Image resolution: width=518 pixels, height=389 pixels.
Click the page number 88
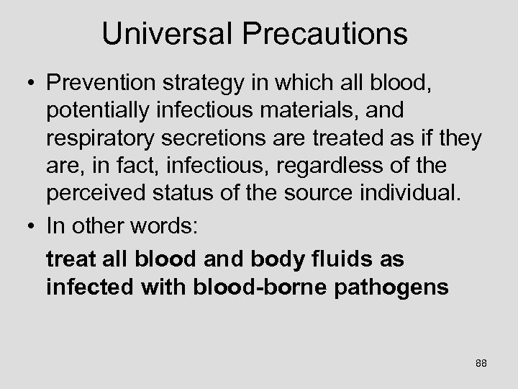click(x=481, y=364)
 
